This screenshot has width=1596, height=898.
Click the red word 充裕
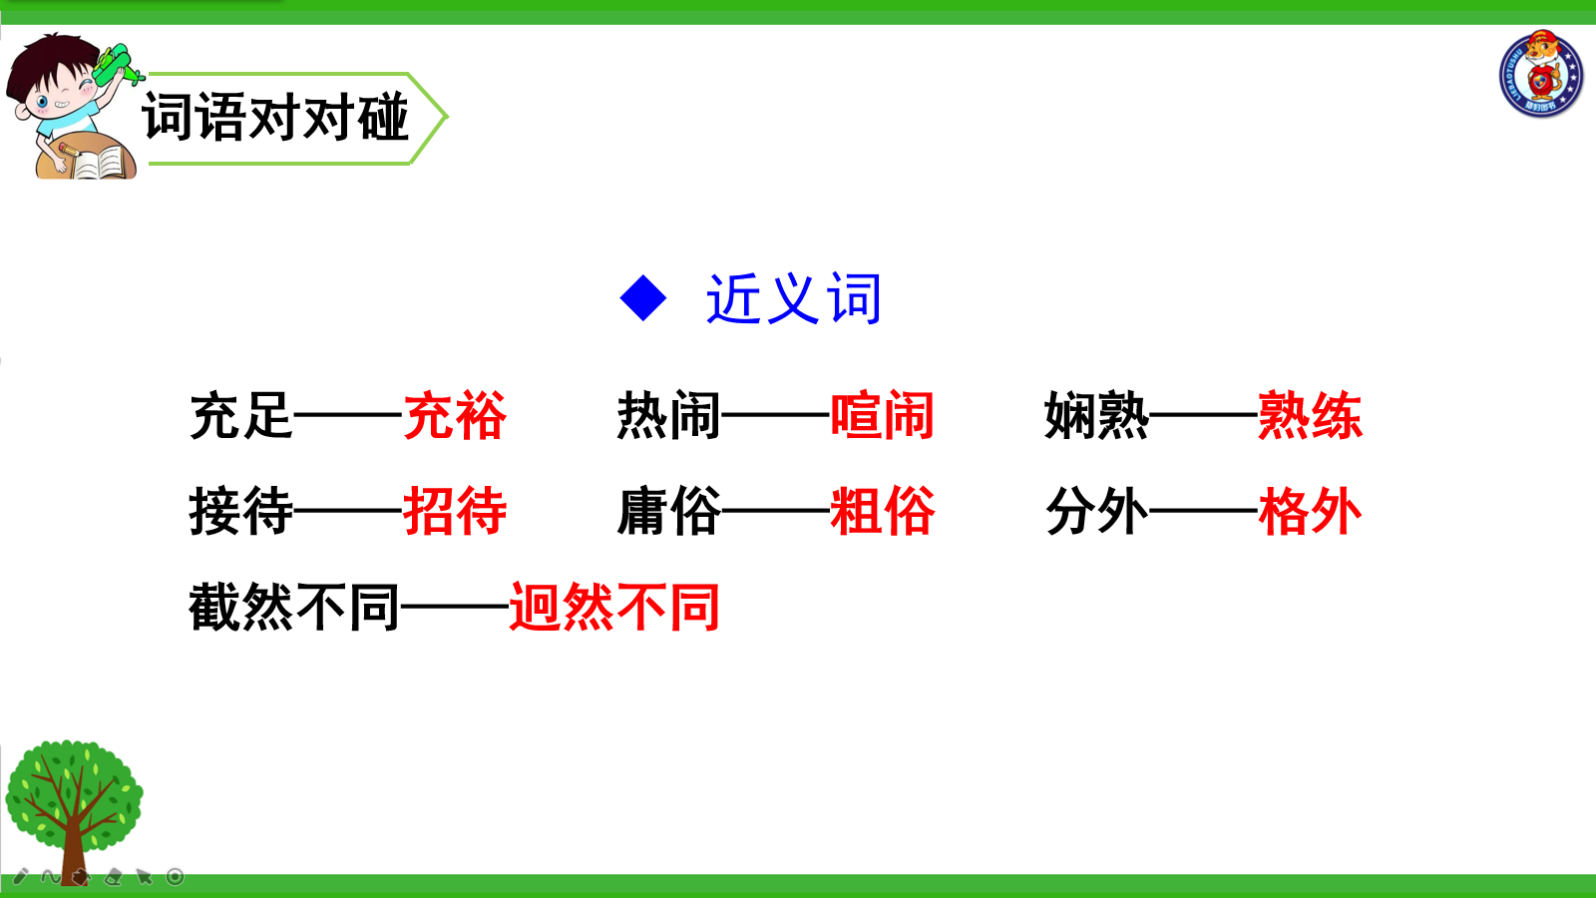455,415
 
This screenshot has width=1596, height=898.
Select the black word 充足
240,415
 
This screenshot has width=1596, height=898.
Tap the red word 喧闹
882,415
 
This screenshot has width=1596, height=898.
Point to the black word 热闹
668,415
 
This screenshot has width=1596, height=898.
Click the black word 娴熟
1096,415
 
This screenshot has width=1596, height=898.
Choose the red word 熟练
1311,415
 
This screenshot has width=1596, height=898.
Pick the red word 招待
455,511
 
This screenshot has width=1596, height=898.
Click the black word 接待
240,511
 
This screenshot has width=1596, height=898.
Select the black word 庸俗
668,511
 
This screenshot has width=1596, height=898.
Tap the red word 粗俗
882,511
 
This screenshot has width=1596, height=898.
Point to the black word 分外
1096,511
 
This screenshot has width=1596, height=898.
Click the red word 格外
1311,511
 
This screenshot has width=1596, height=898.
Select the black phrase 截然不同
293,608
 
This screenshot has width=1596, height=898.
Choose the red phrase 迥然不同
614,608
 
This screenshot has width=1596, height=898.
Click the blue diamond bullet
643,298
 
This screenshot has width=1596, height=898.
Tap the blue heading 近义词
794,298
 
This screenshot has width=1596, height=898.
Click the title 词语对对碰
275,117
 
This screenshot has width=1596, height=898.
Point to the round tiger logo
1540,74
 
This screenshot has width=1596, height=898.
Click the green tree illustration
74,812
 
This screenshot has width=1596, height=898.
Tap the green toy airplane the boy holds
116,65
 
